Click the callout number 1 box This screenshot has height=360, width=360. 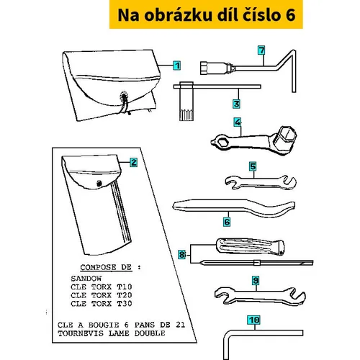pyautogui.click(x=177, y=66)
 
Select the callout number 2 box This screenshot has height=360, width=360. pyautogui.click(x=134, y=163)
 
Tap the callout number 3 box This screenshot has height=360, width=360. pyautogui.click(x=236, y=104)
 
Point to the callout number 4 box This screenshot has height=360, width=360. pyautogui.click(x=238, y=122)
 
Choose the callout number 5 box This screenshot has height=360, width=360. pyautogui.click(x=253, y=166)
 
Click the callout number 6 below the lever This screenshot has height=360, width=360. pyautogui.click(x=227, y=222)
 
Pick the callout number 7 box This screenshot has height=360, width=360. pyautogui.click(x=261, y=50)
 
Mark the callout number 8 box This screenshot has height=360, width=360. pyautogui.click(x=182, y=254)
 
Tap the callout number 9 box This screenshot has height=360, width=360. pyautogui.click(x=256, y=280)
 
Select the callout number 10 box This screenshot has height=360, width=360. pyautogui.click(x=254, y=320)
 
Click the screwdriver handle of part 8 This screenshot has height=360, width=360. pyautogui.click(x=250, y=246)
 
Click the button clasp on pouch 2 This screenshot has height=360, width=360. pyautogui.click(x=99, y=184)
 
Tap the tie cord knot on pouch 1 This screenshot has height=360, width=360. pyautogui.click(x=124, y=96)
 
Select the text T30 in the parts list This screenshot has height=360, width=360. pyautogui.click(x=125, y=304)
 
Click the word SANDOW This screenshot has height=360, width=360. pyautogui.click(x=86, y=279)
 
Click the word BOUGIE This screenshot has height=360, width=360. pyautogui.click(x=104, y=325)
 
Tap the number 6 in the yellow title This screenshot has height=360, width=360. pyautogui.click(x=290, y=15)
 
